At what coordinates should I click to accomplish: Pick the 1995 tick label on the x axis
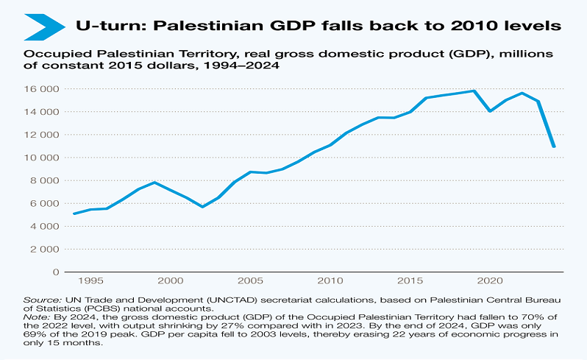90,280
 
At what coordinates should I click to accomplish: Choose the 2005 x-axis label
251,280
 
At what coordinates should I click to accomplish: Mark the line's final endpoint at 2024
554,146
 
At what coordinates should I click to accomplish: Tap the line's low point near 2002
203,207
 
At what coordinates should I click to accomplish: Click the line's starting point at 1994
74,213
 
